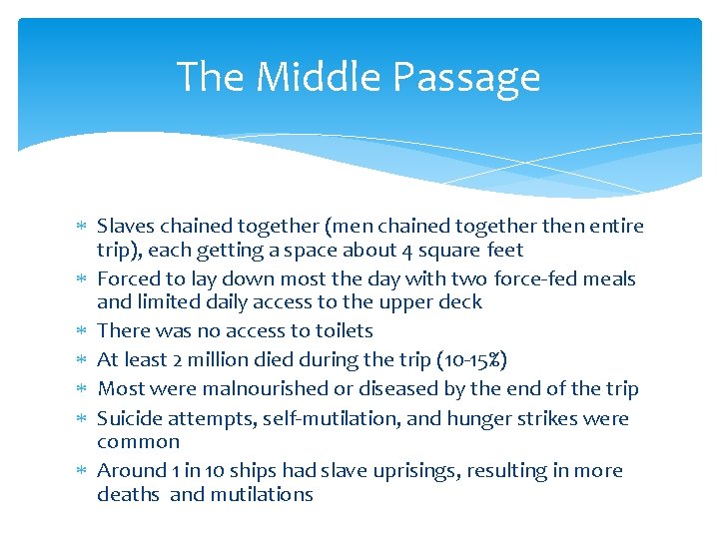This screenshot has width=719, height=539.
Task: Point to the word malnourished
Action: [x=270, y=388]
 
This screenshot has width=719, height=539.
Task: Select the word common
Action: [x=138, y=441]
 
